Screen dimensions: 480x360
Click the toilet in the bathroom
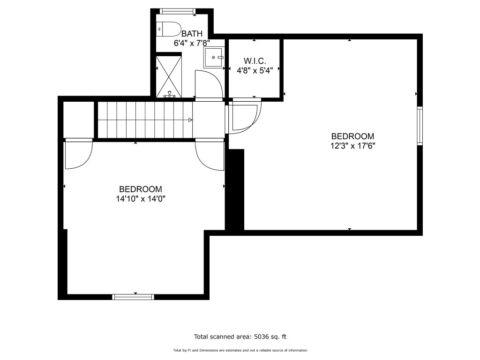pyautogui.click(x=168, y=29)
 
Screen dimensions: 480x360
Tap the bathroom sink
pyautogui.click(x=214, y=58)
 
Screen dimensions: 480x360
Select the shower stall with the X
pyautogui.click(x=169, y=77)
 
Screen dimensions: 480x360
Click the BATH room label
pyautogui.click(x=192, y=33)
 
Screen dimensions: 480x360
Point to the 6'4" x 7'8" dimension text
pyautogui.click(x=192, y=43)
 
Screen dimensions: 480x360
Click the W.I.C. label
pyautogui.click(x=255, y=60)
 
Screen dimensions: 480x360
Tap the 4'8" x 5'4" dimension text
pyautogui.click(x=255, y=71)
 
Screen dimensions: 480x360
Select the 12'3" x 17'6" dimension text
pyautogui.click(x=352, y=146)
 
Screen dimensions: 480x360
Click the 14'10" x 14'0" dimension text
pyautogui.click(x=141, y=199)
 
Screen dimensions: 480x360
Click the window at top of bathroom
pyautogui.click(x=178, y=11)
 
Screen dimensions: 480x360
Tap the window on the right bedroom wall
pyautogui.click(x=420, y=126)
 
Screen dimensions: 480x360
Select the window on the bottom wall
pyautogui.click(x=133, y=297)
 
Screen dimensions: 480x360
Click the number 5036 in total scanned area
pyautogui.click(x=261, y=337)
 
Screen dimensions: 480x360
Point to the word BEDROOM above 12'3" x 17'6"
pyautogui.click(x=352, y=136)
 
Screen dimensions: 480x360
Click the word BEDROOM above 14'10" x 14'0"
pyautogui.click(x=141, y=189)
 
